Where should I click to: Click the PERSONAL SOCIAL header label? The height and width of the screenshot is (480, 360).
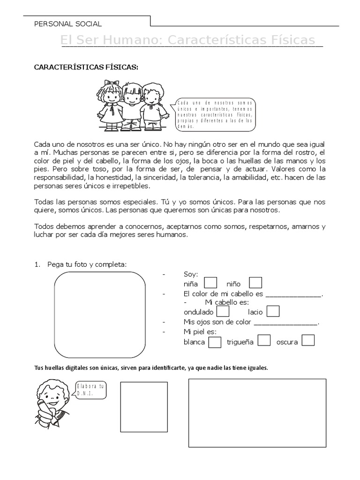pos(68,24)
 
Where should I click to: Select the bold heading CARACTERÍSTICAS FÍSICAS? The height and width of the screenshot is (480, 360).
pos(86,67)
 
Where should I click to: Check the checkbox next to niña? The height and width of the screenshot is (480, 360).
pos(211,283)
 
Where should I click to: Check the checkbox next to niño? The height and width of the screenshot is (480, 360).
pos(255,283)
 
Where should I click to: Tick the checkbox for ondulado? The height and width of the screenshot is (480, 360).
pos(224,311)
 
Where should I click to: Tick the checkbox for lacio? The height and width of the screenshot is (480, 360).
pos(273,311)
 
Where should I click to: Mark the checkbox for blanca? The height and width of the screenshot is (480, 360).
pos(215,342)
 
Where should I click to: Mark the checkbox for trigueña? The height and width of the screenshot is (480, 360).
pos(264,341)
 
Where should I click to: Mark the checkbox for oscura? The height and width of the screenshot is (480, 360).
pos(308,341)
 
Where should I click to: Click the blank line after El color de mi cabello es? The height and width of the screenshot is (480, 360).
pos(294,294)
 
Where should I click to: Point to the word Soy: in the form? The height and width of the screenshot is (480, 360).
pos(191,274)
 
